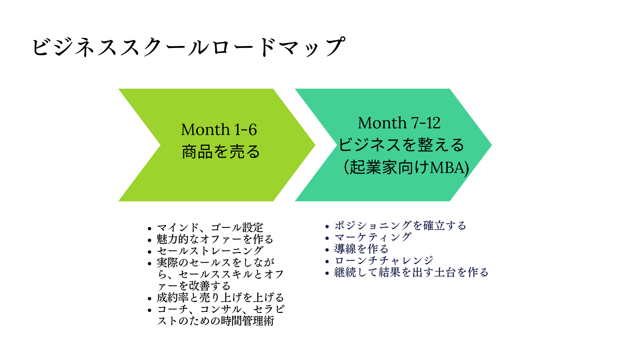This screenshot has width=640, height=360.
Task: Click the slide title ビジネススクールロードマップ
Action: click(188, 47)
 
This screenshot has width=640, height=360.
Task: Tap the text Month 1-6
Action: click(219, 130)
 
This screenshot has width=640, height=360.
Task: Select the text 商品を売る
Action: click(221, 152)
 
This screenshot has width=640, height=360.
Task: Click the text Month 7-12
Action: click(399, 123)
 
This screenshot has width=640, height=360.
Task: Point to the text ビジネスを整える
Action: click(401, 145)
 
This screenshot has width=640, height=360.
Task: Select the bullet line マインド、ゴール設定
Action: click(210, 228)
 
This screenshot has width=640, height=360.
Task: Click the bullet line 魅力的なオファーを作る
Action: click(215, 239)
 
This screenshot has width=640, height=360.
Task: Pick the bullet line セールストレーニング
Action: click(210, 251)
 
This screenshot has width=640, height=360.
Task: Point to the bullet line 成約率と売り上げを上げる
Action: click(220, 297)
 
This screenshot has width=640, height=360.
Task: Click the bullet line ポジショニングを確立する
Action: click(400, 226)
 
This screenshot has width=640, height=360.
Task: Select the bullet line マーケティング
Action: click(373, 237)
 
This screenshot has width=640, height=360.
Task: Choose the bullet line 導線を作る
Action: click(361, 249)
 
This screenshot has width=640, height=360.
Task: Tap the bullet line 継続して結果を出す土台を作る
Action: click(411, 272)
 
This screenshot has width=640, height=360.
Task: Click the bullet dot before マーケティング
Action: click(327, 238)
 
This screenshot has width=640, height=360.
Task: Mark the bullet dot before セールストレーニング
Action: click(149, 252)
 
